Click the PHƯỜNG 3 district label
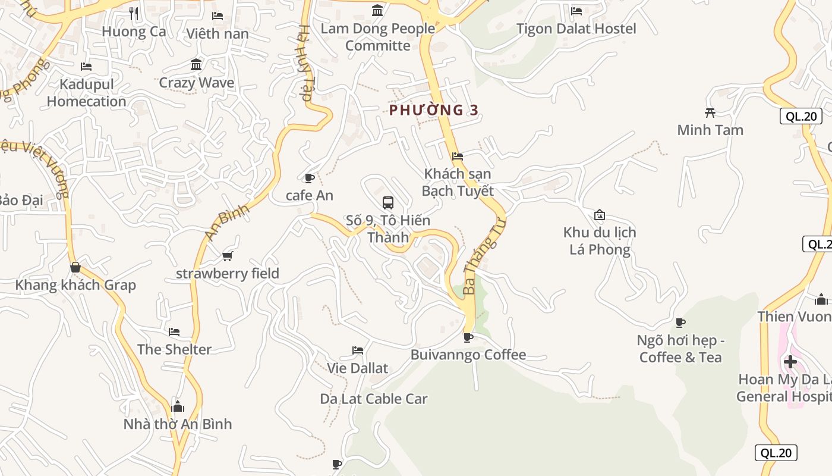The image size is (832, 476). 434,110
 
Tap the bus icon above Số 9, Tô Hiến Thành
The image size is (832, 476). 388,202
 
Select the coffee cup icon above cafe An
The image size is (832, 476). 309,178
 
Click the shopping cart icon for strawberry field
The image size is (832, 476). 227,256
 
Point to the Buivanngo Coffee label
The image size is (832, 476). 468,355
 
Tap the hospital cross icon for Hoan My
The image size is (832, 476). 790,361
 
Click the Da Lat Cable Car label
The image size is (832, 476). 374,399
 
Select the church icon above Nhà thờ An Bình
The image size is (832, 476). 177,407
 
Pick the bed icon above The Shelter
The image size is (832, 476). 174,331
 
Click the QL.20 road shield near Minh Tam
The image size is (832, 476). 801,116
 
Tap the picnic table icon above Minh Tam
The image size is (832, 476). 710,112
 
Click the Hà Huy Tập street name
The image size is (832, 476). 305,62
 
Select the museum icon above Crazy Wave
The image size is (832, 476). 196,64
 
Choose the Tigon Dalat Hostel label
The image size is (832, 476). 576,29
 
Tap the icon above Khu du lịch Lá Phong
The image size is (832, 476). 600,215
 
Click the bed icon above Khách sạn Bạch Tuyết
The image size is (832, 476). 458,156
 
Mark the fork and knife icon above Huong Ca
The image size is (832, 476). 134,13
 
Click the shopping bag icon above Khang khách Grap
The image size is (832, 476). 75,267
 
